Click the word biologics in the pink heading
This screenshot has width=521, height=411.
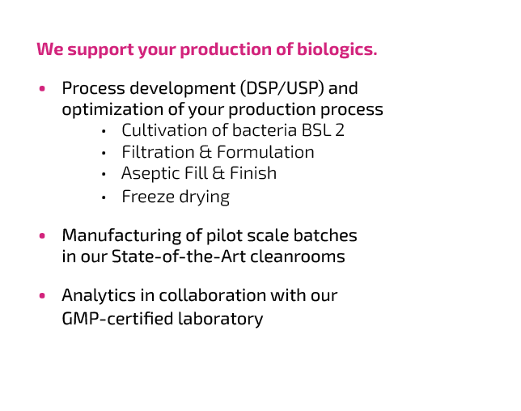[x=337, y=49]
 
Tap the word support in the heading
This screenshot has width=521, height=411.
[x=100, y=50]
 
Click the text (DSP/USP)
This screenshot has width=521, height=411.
[x=282, y=88]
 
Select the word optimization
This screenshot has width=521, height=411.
[x=112, y=110]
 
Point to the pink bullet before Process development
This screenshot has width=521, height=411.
[x=42, y=88]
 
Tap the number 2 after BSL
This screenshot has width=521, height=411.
[x=340, y=130]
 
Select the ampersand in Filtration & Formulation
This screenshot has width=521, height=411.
[x=205, y=152]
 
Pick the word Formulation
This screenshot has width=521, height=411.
[x=265, y=152]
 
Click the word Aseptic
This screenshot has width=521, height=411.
[x=150, y=174]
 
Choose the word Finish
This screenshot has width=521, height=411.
[x=253, y=173]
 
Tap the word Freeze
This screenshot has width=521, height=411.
[x=149, y=197]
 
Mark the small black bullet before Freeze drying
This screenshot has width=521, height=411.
[x=104, y=197]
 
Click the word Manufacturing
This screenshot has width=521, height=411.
[x=121, y=235]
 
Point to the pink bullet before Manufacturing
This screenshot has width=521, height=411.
[x=42, y=236]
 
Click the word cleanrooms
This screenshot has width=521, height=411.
[x=298, y=256]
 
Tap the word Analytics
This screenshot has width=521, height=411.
[x=99, y=295]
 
